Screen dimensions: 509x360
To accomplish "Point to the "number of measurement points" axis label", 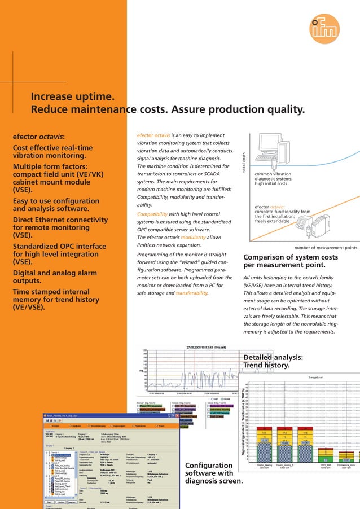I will [x=326, y=248].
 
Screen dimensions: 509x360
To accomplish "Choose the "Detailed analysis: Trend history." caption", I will [x=273, y=362].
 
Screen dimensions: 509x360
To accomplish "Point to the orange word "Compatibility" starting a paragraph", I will [x=155, y=214].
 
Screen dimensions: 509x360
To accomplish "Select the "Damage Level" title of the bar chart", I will [x=315, y=376].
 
